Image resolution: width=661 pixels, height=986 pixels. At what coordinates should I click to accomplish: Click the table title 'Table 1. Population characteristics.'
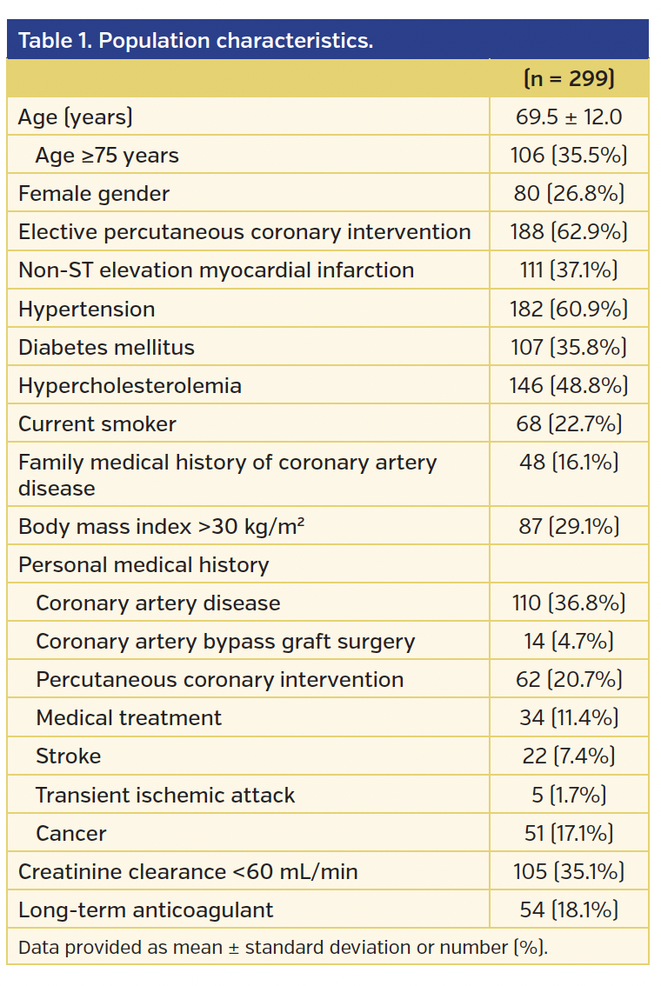196,41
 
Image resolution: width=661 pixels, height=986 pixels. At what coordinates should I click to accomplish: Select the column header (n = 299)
569,78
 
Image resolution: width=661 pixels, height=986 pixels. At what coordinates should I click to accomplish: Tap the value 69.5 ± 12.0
569,117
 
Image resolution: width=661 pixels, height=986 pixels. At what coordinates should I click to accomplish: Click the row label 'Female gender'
94,193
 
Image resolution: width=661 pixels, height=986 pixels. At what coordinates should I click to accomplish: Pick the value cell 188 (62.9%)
569,231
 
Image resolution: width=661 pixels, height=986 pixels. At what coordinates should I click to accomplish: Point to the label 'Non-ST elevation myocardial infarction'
216,270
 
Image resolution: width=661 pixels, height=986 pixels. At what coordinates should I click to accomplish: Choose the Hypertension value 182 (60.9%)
569,309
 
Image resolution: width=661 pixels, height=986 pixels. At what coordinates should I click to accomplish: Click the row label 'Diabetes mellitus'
106,347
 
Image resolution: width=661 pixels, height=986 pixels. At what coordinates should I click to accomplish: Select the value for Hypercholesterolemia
569,385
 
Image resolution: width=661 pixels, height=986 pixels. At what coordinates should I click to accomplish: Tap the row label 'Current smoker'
97,423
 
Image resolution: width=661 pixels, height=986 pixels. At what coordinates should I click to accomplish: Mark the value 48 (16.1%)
569,462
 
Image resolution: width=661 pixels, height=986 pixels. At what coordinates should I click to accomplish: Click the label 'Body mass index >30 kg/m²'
161,526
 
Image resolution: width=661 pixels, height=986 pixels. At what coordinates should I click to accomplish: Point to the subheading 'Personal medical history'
144,564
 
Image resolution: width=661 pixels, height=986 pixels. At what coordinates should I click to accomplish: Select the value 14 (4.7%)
569,641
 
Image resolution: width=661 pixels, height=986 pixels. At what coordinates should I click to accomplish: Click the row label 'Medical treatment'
129,717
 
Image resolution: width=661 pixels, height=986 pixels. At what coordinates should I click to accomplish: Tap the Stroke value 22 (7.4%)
569,756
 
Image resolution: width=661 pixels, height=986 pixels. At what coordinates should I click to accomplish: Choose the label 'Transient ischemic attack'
165,795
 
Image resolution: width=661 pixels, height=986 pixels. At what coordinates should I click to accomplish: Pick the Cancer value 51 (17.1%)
569,833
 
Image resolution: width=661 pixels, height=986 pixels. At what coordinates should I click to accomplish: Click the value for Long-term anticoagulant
569,909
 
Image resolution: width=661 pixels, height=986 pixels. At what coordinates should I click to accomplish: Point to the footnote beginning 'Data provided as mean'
283,947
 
